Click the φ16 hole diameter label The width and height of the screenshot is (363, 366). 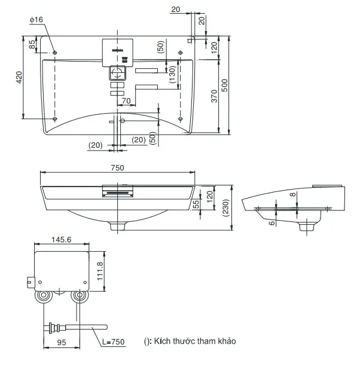[36, 20]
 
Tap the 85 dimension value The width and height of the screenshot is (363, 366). [32, 45]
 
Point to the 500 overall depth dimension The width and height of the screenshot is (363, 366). [225, 86]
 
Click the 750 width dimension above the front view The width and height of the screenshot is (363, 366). [117, 168]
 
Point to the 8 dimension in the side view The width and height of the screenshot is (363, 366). [291, 194]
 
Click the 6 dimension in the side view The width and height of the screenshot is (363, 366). [270, 222]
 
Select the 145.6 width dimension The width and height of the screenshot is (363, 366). [60, 239]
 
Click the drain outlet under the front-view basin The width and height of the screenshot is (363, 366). [117, 226]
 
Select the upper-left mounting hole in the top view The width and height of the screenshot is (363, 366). [55, 53]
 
